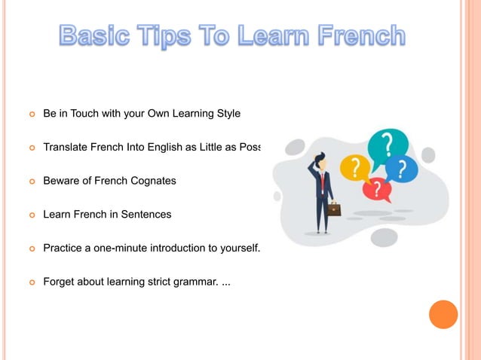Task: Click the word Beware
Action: pos(63,181)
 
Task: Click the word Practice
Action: pos(65,248)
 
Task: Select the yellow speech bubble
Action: pos(355,167)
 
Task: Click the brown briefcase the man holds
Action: pos(333,209)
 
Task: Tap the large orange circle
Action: pos(443,314)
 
